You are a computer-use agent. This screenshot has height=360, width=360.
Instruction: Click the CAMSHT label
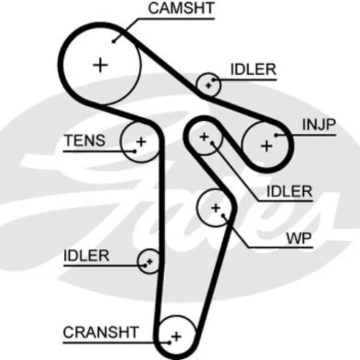coord(181,8)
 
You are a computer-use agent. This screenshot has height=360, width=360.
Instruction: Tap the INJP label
coord(319,125)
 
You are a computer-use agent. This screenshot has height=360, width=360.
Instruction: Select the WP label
coord(299,238)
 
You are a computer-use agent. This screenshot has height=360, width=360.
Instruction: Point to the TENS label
coord(85,140)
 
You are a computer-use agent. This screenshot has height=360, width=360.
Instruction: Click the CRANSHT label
coord(101,332)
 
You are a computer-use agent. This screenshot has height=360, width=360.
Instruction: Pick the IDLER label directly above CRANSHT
coord(86,256)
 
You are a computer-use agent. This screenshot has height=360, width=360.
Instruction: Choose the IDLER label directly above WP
coord(289,192)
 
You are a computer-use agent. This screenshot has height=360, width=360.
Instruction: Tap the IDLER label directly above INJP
coord(253,69)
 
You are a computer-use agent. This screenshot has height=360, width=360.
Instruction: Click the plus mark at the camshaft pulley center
coord(100,65)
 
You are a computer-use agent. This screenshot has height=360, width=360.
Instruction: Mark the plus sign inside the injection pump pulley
coord(266,146)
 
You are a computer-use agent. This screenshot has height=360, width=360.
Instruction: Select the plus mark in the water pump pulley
coord(215,208)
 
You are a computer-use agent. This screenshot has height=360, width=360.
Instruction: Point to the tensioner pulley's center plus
coord(141,142)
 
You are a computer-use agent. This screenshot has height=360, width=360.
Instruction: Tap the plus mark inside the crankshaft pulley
coord(176,336)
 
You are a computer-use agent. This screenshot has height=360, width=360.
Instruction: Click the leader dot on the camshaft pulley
coord(114,42)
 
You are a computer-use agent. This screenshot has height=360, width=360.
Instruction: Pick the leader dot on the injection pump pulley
coord(276,135)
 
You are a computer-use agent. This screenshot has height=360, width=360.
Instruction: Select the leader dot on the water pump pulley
coord(223,215)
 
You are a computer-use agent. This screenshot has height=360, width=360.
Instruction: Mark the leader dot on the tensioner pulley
coord(135,151)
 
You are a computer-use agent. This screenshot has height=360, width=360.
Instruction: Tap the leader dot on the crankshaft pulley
coord(169,343)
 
